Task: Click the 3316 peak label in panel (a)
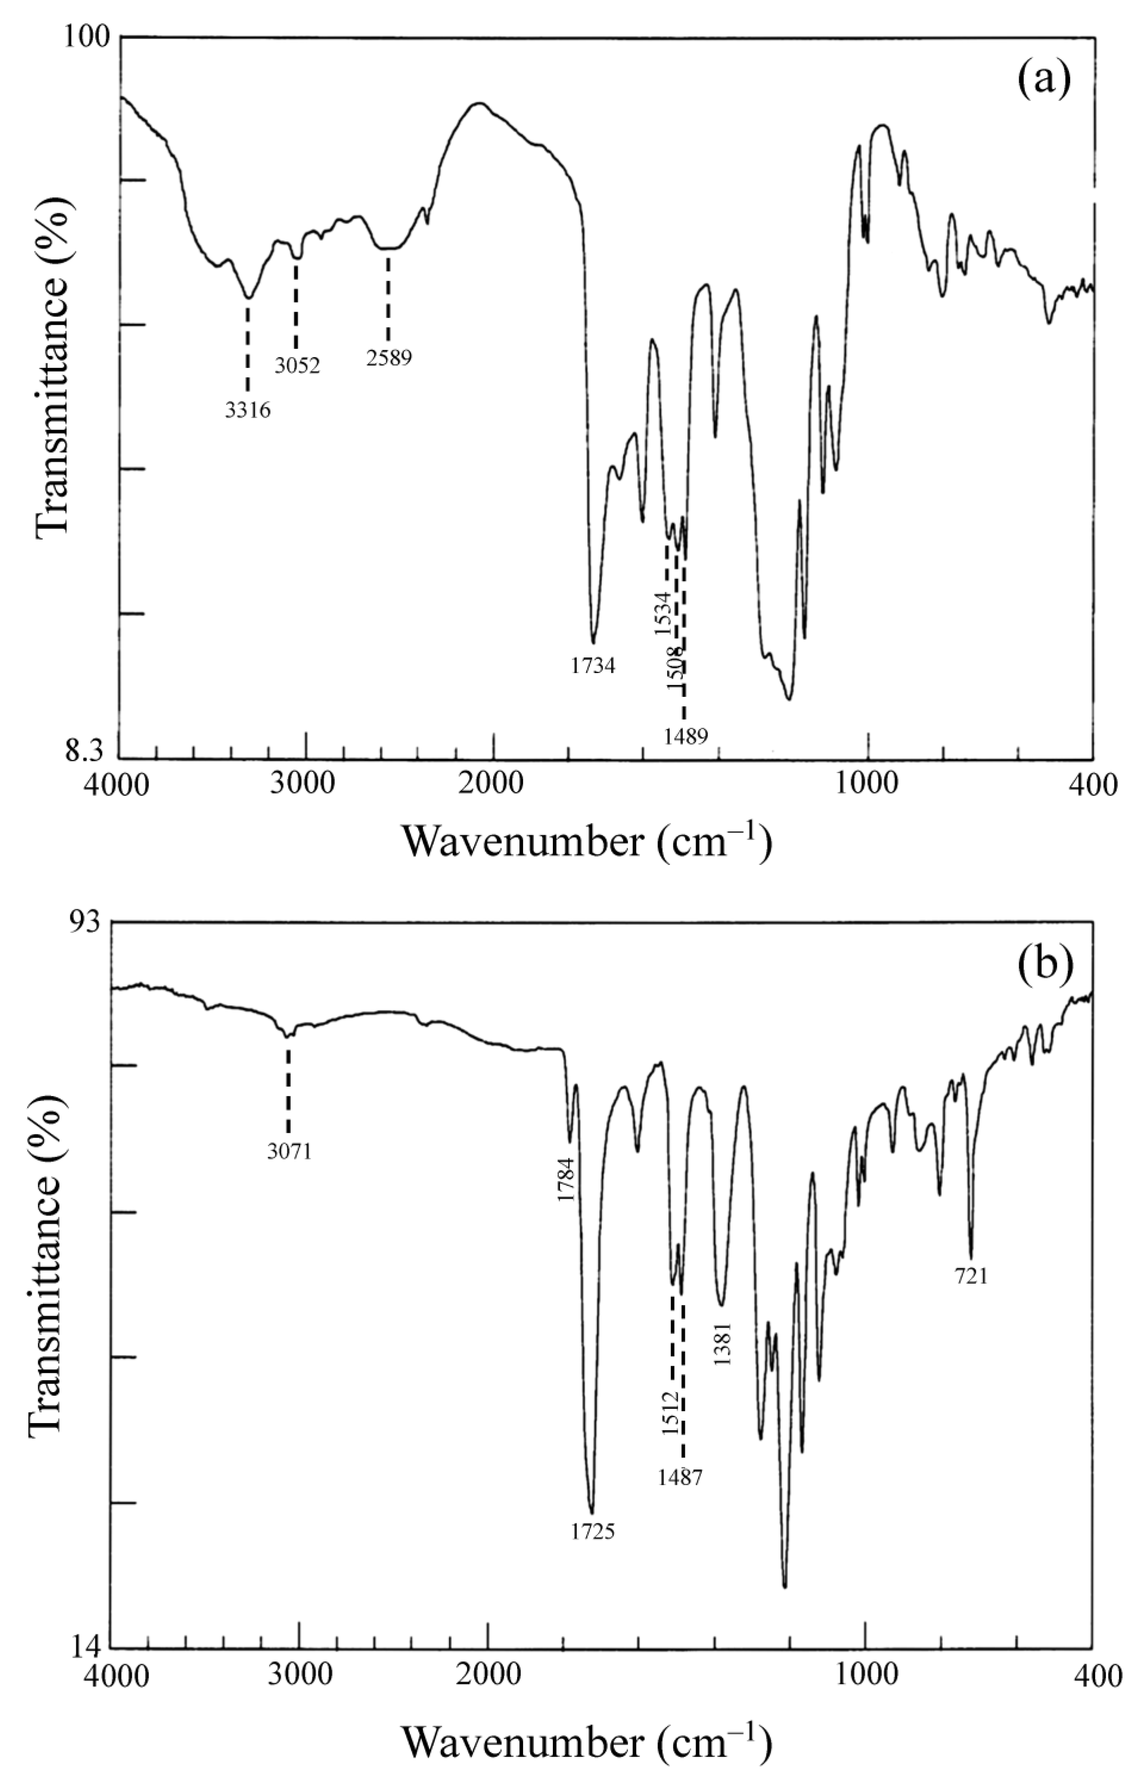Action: pos(248,411)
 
